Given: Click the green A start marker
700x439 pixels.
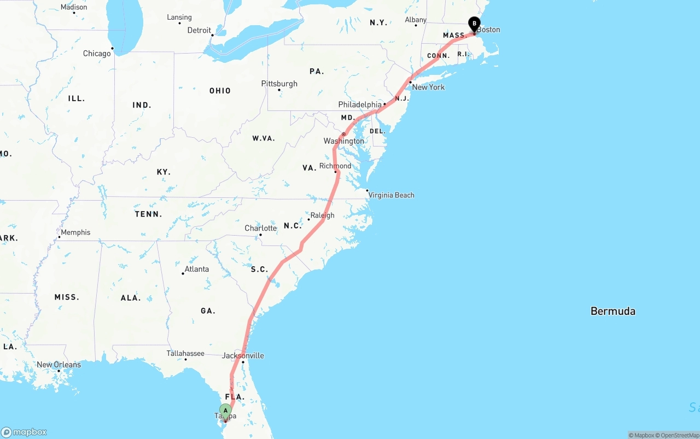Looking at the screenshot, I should [225, 411].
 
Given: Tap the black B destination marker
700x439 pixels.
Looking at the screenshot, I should [474, 24].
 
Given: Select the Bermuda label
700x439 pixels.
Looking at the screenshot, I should [612, 311].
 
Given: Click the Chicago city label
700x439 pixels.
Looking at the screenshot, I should [97, 54].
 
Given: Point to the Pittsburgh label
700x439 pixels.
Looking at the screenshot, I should [279, 84].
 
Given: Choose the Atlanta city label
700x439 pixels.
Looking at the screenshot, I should [196, 269].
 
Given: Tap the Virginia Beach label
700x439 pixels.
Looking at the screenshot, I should [391, 195].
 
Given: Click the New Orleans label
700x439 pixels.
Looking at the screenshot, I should [59, 365].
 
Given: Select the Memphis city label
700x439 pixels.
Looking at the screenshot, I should [75, 232].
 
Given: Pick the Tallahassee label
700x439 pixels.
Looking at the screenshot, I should [185, 353].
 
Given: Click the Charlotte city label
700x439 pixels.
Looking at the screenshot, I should [261, 228].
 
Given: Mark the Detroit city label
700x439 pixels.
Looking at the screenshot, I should [199, 31].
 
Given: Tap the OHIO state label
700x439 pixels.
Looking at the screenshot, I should [220, 91].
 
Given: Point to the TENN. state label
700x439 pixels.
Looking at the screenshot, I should [148, 214].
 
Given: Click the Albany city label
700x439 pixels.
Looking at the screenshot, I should [416, 20].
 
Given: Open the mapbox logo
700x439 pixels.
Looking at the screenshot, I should [24, 432].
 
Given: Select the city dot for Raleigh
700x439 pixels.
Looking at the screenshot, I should [309, 219].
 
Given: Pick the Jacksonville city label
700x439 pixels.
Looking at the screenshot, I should [243, 355].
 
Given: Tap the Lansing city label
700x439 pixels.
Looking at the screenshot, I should [179, 17].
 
